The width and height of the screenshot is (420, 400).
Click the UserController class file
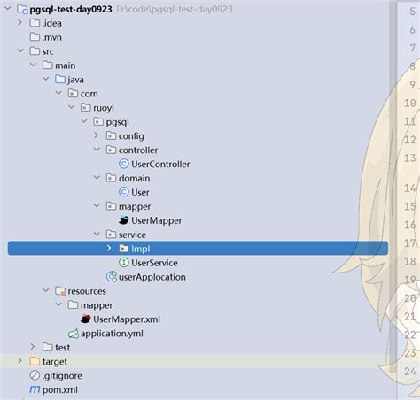coord(160,164)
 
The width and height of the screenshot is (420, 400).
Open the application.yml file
coord(111,334)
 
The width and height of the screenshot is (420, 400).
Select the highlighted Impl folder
coord(140,249)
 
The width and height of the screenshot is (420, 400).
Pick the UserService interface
coord(154,263)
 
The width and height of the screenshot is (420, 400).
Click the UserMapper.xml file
coord(126,319)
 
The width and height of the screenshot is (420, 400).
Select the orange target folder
coord(55,361)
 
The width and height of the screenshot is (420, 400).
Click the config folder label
coord(130,135)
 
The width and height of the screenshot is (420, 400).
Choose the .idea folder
coord(51,22)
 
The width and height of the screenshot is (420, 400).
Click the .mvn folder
coord(51,36)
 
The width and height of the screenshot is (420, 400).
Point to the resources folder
coord(87,291)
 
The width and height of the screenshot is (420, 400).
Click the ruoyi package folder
coord(105,107)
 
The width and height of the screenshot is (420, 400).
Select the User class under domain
coord(140,192)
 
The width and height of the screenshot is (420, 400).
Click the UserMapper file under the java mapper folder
coord(157,220)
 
